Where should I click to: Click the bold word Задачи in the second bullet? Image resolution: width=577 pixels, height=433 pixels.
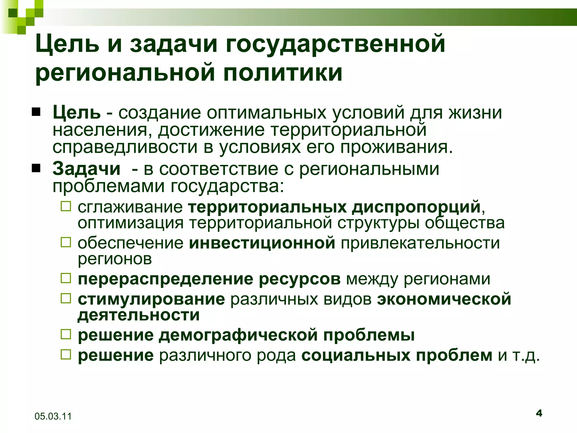point(86,169)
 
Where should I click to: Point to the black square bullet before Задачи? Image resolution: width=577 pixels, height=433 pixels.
point(36,169)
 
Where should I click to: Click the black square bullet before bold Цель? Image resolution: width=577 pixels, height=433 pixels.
point(36,112)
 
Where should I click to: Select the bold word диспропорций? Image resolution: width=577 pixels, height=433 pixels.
point(416,207)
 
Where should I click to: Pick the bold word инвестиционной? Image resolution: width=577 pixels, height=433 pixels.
point(262,243)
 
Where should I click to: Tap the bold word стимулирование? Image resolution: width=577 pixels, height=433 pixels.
point(151,299)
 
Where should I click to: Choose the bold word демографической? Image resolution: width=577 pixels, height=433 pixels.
point(238,335)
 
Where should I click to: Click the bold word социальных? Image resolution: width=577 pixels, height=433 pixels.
point(356,355)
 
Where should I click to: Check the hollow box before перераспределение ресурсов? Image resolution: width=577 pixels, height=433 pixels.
point(66,278)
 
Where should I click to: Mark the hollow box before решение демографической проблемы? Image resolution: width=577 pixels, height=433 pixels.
point(66,335)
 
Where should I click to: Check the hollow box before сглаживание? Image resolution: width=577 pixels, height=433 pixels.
point(66,207)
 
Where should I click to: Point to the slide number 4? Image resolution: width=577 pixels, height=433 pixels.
point(539,414)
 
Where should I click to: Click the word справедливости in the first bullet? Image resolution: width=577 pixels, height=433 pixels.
point(125,147)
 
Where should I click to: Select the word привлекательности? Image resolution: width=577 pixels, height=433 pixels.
point(420,243)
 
